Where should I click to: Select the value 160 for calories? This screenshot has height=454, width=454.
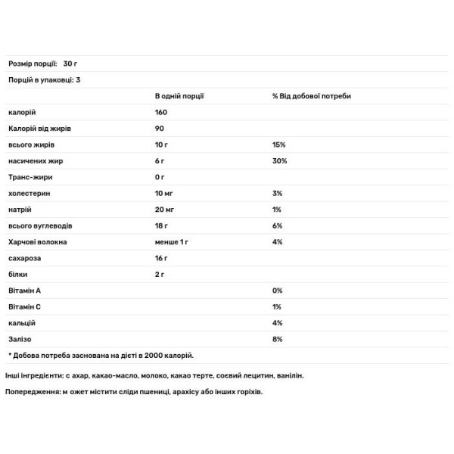tap(161, 112)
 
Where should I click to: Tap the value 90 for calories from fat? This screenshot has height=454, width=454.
tap(159, 129)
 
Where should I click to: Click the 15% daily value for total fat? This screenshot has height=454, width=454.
tap(279, 145)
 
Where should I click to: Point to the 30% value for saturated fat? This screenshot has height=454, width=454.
tap(280, 161)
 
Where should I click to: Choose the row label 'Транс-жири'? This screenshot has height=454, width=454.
tap(30, 177)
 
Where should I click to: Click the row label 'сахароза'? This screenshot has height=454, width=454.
tap(24, 258)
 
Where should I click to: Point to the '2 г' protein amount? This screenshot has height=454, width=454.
tap(160, 275)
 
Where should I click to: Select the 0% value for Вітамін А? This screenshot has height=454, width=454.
tap(278, 291)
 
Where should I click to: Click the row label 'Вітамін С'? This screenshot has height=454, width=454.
tap(25, 307)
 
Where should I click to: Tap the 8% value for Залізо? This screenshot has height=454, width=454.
tap(278, 339)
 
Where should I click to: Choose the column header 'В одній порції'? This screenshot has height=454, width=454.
tap(180, 96)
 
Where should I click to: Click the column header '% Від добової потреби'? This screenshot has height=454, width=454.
tap(312, 96)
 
